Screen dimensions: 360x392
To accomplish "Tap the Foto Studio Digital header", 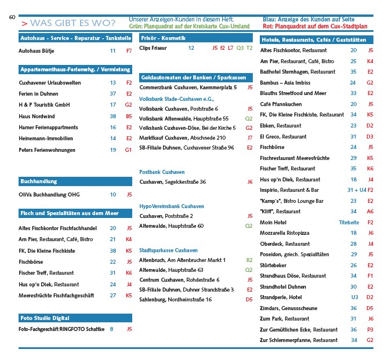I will (45, 318).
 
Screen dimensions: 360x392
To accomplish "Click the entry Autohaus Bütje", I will (37, 51).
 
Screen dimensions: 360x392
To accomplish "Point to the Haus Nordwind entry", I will (36, 116).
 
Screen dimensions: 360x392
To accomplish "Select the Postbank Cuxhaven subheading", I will (162, 172).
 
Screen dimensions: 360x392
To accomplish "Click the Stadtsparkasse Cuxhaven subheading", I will (168, 250).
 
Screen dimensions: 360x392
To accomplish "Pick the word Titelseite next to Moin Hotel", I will (349, 222).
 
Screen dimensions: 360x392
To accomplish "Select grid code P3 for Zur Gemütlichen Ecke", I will (370, 329).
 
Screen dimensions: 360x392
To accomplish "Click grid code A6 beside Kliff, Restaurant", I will (370, 212).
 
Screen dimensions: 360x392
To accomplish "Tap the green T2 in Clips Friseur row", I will (249, 48).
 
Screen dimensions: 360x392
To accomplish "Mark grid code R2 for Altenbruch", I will (249, 260).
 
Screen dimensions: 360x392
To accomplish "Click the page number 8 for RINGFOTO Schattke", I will (112, 329).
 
